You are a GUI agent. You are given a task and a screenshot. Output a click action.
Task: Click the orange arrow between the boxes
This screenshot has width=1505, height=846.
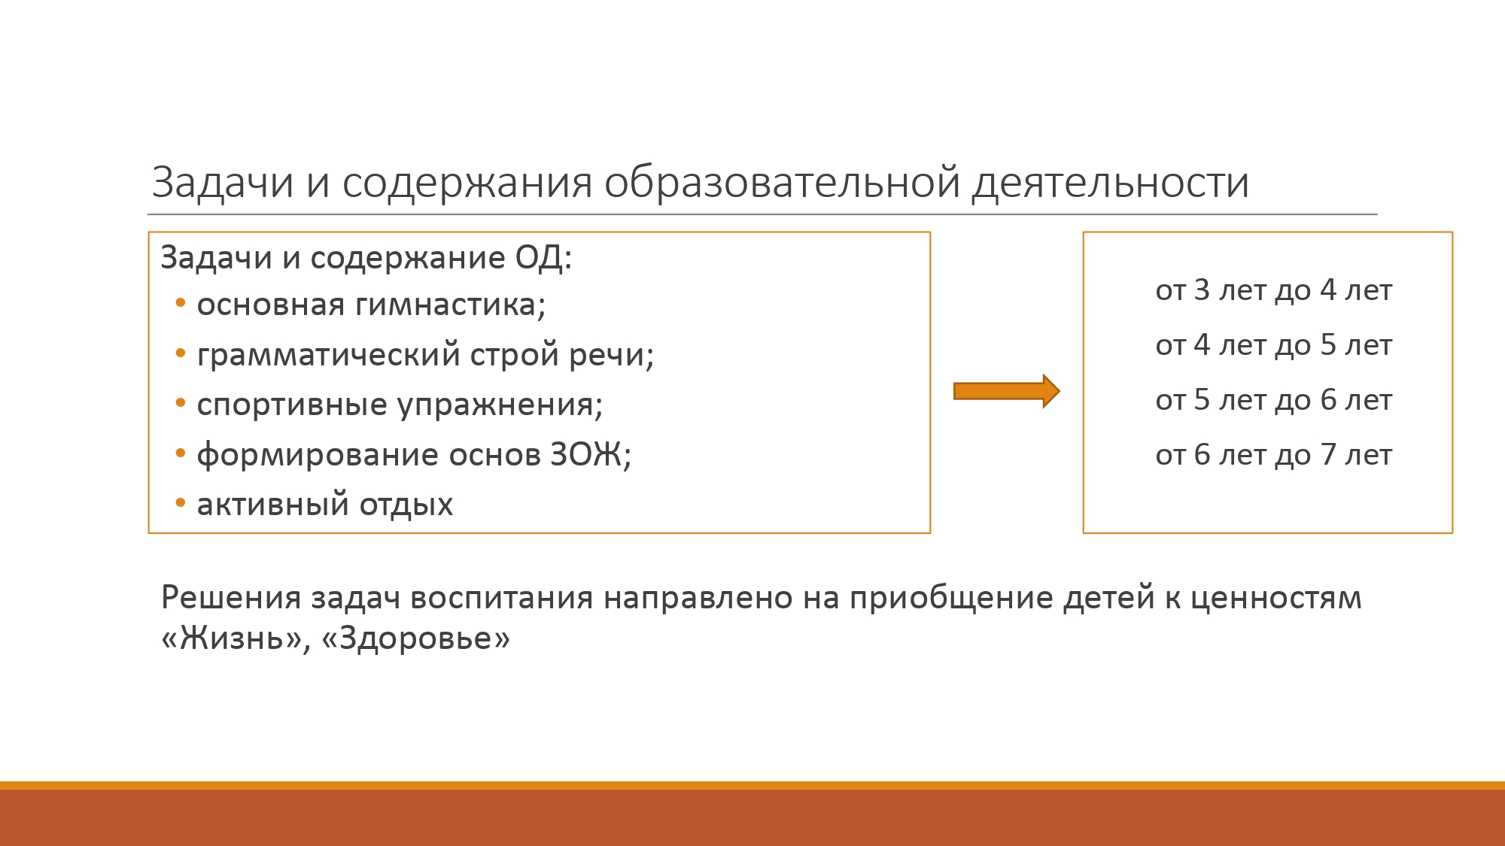click(x=1007, y=391)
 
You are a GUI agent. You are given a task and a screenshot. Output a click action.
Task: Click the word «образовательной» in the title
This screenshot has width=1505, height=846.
click(x=782, y=182)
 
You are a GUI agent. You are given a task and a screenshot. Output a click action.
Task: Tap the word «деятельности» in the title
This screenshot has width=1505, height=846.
click(x=1111, y=183)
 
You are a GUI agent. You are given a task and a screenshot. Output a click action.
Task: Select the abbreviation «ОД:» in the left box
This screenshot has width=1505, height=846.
click(x=543, y=258)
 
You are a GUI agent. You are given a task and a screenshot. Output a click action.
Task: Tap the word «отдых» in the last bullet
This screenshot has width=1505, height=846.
click(x=406, y=505)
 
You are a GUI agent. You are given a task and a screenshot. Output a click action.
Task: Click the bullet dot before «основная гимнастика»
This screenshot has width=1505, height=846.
click(x=180, y=304)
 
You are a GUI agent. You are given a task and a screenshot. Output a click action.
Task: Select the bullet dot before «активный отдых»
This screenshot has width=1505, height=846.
click(x=180, y=503)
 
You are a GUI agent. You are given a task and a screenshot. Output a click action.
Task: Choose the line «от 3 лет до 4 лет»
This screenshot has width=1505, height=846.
click(x=1274, y=290)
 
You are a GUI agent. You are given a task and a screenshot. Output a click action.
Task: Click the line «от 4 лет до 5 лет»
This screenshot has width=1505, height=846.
click(x=1274, y=345)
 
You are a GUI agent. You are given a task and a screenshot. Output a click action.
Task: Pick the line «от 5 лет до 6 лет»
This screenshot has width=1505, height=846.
click(x=1274, y=400)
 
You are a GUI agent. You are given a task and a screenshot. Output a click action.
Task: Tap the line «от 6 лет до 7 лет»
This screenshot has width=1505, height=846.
click(x=1274, y=455)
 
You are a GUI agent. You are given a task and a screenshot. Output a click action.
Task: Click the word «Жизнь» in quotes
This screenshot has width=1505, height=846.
click(x=232, y=638)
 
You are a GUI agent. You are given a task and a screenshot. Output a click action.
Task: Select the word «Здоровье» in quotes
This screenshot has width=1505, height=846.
click(x=416, y=638)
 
